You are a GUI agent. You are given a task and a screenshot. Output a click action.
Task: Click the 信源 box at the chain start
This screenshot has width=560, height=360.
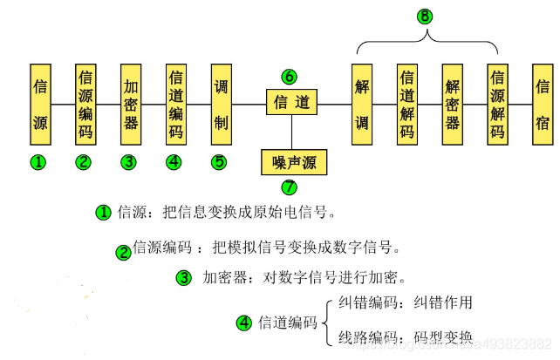(x=40, y=103)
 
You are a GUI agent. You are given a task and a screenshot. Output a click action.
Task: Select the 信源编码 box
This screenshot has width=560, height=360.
(x=85, y=103)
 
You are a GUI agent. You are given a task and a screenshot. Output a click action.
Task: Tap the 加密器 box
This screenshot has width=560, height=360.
(x=130, y=103)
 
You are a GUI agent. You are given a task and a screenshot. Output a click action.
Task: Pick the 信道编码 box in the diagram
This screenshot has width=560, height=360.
(x=175, y=103)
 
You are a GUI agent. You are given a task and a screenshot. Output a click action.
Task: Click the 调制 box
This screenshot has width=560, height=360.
(x=221, y=103)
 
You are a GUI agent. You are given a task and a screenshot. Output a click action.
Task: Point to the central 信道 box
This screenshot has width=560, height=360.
(x=291, y=103)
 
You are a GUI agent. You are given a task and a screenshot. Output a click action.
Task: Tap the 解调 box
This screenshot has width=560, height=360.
(x=362, y=103)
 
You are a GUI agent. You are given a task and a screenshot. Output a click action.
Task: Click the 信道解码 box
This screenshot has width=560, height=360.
(x=407, y=103)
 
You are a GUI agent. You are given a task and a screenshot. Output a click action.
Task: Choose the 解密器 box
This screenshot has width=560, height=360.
(x=453, y=103)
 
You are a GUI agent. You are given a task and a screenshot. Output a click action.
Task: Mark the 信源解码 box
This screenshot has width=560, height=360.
(x=497, y=103)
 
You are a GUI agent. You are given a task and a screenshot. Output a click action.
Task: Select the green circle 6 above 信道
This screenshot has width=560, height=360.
(x=290, y=77)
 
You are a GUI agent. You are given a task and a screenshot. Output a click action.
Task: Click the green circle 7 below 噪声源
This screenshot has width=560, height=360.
(x=290, y=186)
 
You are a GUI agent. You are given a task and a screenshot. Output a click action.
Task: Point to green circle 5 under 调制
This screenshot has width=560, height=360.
(x=220, y=161)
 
